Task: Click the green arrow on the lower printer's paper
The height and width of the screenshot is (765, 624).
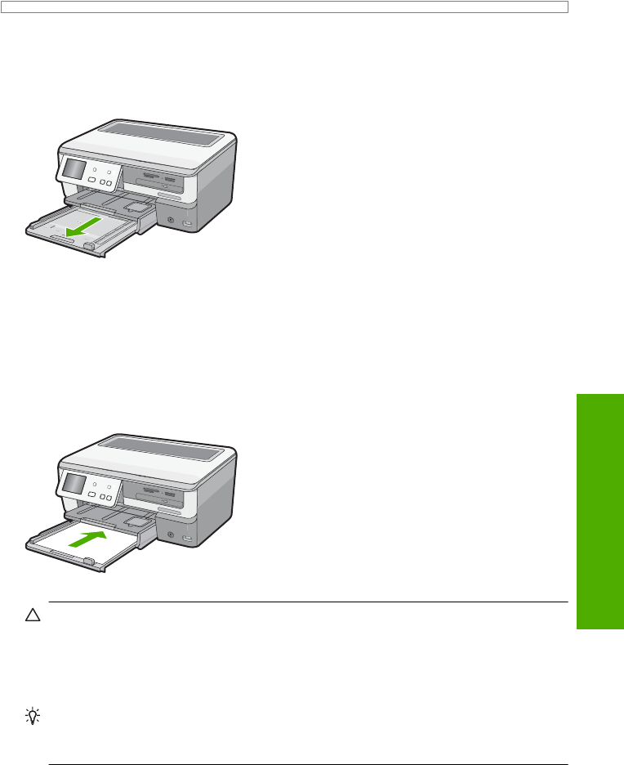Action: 88,538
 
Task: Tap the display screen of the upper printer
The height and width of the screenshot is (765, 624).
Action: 74,170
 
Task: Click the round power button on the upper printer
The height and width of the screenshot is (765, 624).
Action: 170,219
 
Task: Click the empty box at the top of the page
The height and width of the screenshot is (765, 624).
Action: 283,6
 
